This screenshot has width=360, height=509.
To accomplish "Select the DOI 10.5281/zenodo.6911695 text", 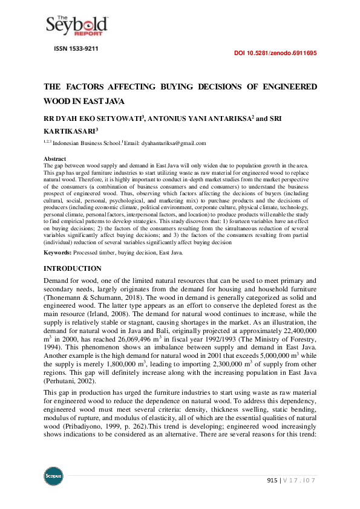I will [x=275, y=53].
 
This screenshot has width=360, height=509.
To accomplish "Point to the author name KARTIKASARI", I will [x=68, y=130].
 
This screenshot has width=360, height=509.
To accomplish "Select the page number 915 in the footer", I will [x=272, y=480].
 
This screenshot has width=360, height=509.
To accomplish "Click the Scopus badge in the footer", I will [x=53, y=475].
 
